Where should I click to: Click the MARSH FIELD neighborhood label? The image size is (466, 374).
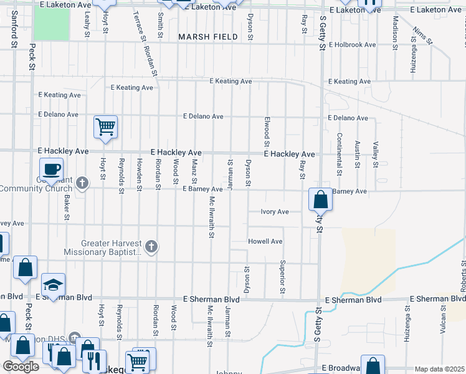[208, 37]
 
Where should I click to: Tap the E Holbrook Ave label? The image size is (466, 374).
[353, 45]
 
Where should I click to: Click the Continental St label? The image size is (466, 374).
[340, 154]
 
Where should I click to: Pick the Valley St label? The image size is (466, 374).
[376, 154]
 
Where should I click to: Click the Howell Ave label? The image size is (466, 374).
[265, 241]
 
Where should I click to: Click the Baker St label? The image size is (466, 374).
[66, 207]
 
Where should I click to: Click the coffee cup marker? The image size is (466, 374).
[52, 168]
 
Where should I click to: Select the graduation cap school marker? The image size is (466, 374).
[54, 285]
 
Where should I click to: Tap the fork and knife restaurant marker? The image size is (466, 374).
[94, 361]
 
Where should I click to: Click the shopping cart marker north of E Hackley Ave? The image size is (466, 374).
[105, 127]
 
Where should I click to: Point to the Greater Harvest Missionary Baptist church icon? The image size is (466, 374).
[150, 247]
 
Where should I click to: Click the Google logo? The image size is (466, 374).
[21, 367]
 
